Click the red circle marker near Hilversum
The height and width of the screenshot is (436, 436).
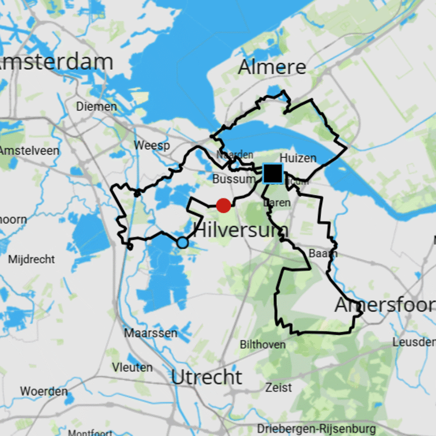point(223,205)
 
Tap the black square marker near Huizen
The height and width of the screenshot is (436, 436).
point(272,173)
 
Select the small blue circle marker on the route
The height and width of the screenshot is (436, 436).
point(183,243)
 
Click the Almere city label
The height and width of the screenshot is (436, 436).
point(272,68)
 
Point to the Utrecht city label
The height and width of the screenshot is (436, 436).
point(207,377)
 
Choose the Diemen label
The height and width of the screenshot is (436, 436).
point(96,106)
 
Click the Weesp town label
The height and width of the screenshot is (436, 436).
point(152,146)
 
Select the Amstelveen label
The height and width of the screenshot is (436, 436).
point(29,150)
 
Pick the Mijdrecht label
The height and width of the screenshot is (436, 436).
point(32,259)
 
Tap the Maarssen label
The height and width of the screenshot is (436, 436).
point(143,332)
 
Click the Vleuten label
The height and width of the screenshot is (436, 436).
point(132,367)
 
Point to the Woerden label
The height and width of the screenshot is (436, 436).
point(44,391)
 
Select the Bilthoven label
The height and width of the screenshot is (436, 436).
point(263,344)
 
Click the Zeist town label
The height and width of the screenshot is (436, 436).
point(278,388)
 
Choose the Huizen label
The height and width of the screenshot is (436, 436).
point(298,159)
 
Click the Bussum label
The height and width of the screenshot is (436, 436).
point(234,179)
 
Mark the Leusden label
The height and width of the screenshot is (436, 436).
point(414,342)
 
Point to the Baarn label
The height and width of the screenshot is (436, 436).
point(323,253)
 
